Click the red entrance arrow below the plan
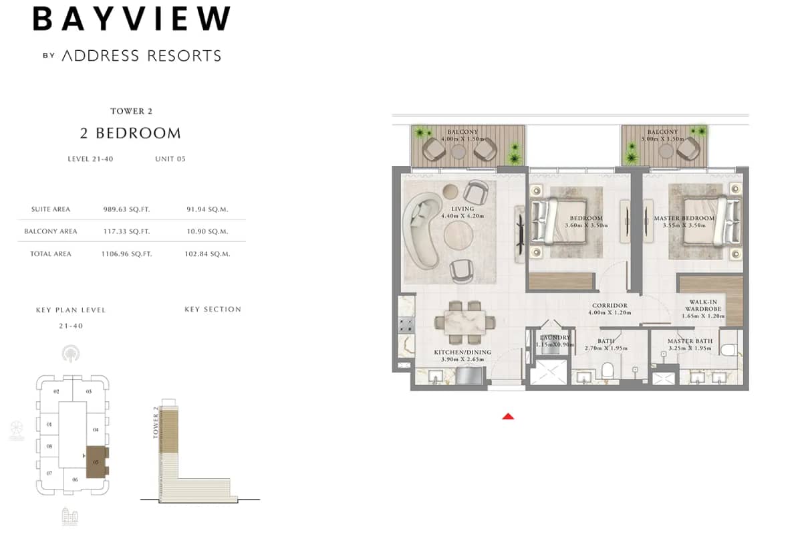[x=509, y=416]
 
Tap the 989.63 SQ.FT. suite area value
[x=126, y=209]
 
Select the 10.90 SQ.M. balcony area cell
[x=207, y=231]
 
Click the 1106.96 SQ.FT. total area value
[x=126, y=254]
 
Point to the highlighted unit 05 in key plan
[x=96, y=461]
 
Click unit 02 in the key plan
[x=57, y=391]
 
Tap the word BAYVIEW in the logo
[x=132, y=19]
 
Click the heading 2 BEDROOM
[x=130, y=133]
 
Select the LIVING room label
[x=462, y=209]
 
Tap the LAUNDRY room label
[x=555, y=338]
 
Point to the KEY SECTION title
[x=213, y=309]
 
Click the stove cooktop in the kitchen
[x=406, y=326]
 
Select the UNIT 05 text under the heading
[x=170, y=159]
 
